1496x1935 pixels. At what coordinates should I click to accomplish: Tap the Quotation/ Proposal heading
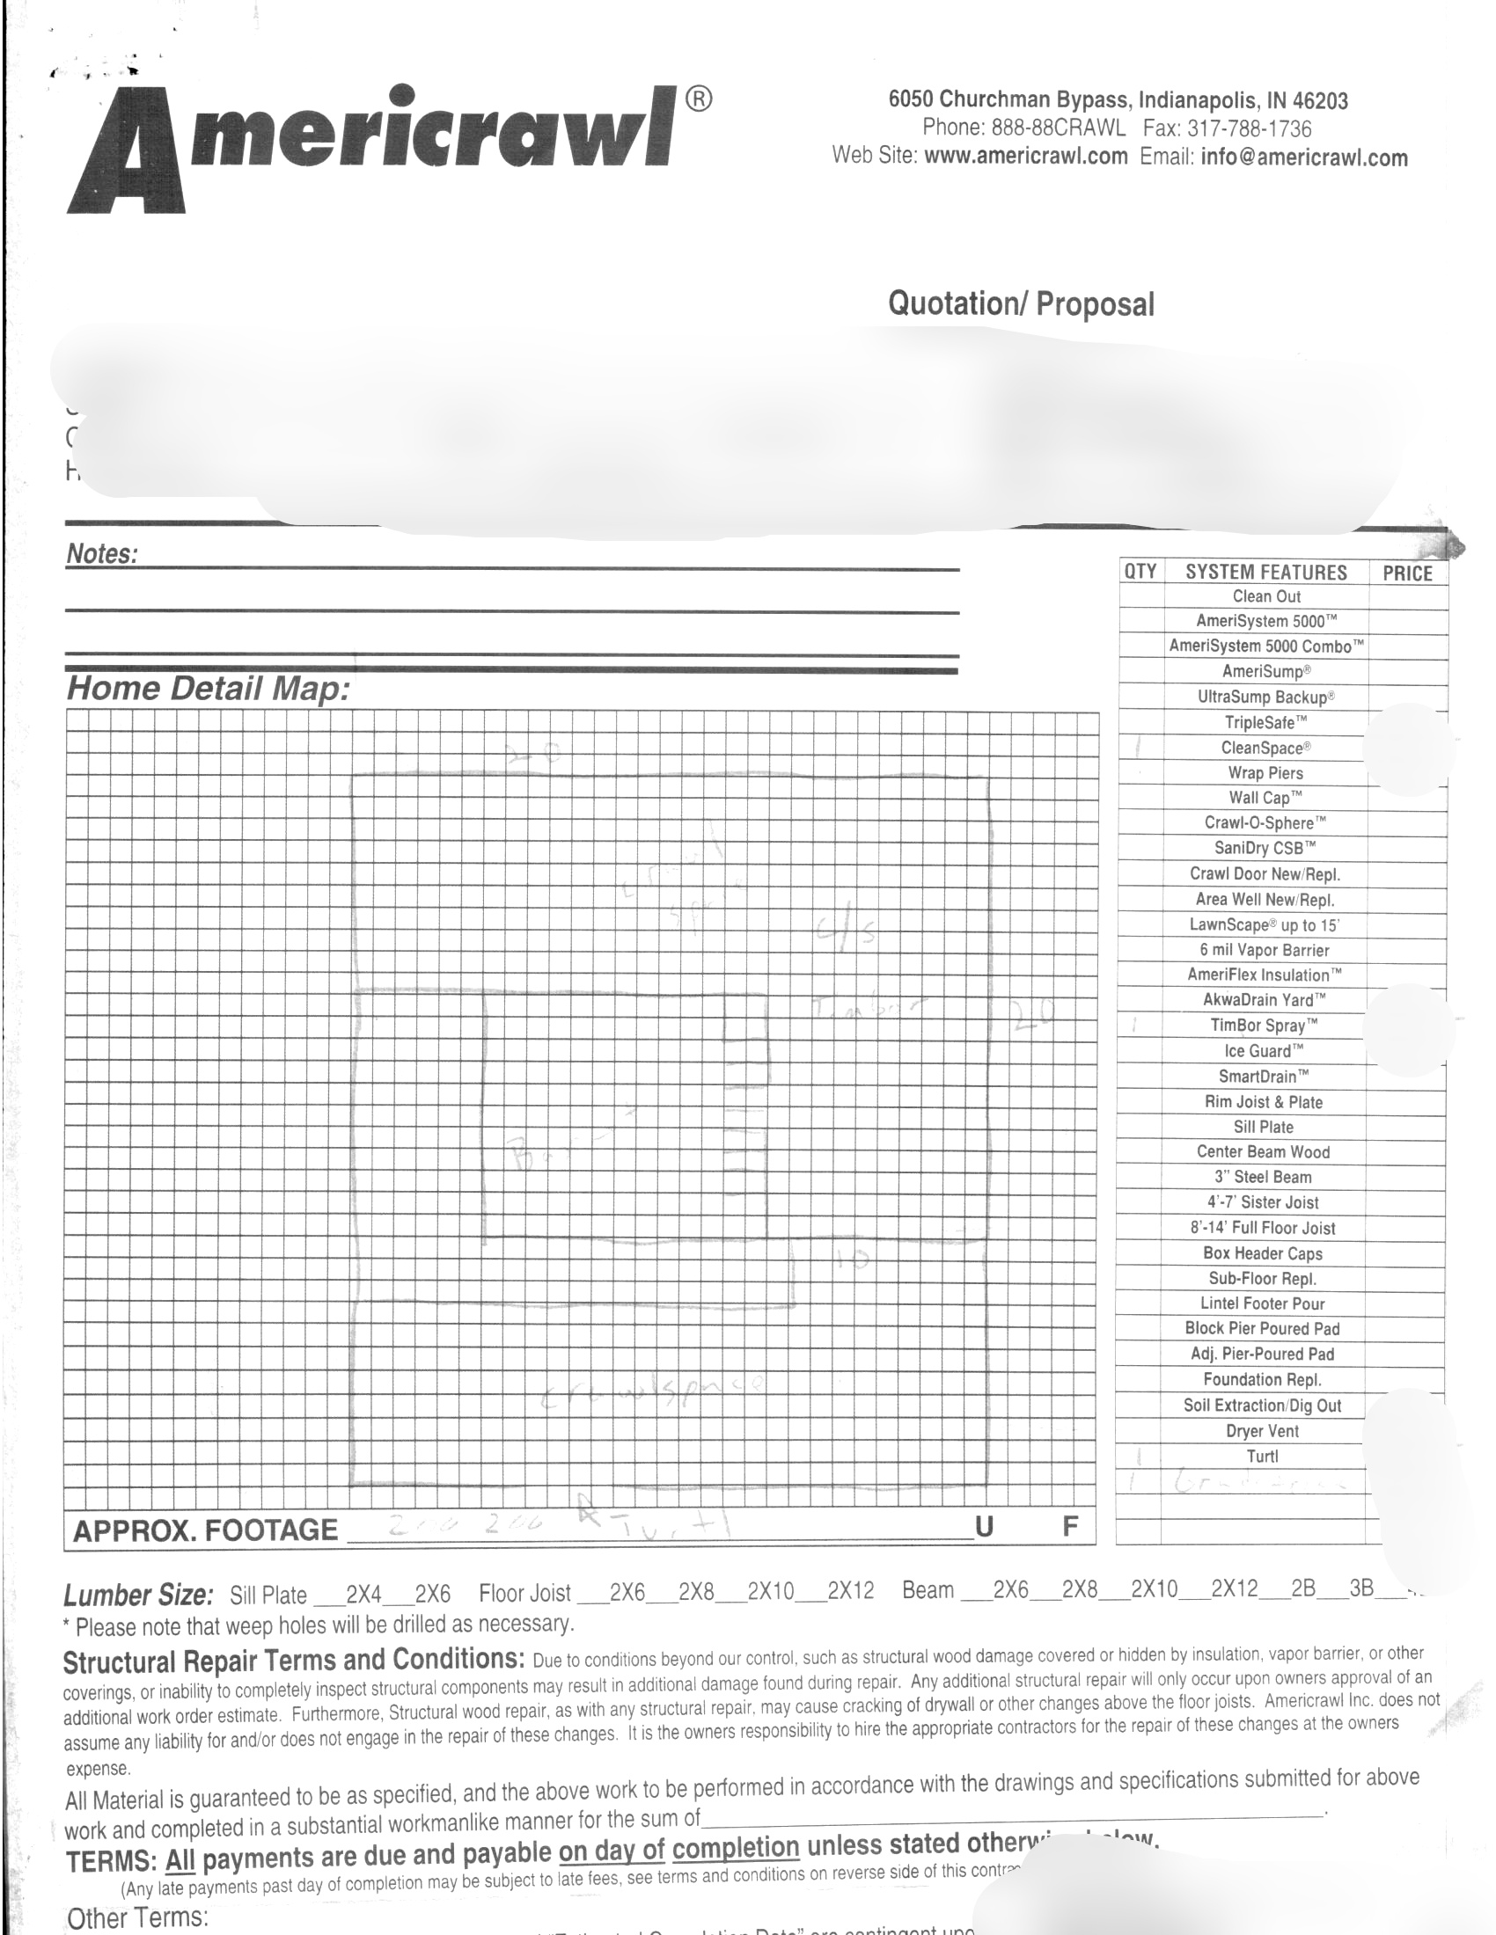(x=1021, y=304)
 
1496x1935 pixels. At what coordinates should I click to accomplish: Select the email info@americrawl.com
(x=1304, y=157)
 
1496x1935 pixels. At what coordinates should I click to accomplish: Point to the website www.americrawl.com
(x=1025, y=157)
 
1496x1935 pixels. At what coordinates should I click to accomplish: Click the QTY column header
(x=1140, y=572)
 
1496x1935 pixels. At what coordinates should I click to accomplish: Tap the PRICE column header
(x=1407, y=573)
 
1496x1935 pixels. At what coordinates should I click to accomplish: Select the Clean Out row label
(x=1266, y=596)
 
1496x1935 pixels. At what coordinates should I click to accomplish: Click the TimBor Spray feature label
(x=1264, y=1026)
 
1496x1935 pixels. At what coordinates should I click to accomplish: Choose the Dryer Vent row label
(x=1262, y=1431)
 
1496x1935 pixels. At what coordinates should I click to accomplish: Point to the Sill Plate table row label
(x=1263, y=1127)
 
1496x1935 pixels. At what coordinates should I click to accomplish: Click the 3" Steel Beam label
(x=1263, y=1178)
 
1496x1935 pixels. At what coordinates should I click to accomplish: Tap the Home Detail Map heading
(x=209, y=689)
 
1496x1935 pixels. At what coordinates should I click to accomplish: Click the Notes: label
(x=102, y=555)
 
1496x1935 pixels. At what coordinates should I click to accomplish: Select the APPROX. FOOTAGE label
(x=206, y=1531)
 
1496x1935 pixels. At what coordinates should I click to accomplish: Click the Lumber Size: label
(x=138, y=1595)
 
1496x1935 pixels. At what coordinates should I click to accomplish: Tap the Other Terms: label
(x=137, y=1918)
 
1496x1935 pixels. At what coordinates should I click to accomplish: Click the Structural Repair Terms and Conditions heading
(x=293, y=1661)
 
